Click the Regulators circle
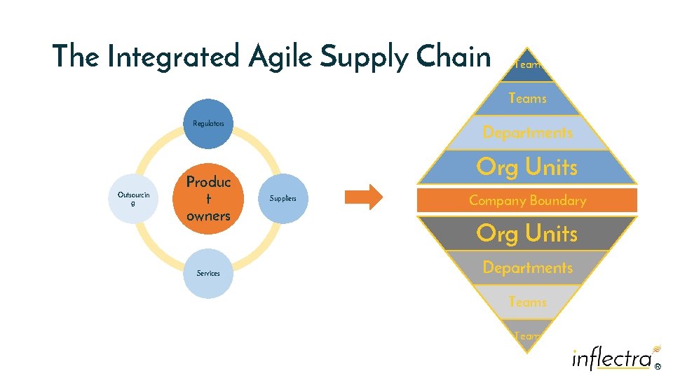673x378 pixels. pyautogui.click(x=208, y=124)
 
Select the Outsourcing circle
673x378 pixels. pyautogui.click(x=133, y=199)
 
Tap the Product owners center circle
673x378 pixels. pyautogui.click(x=208, y=199)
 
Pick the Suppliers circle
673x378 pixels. pyautogui.click(x=283, y=199)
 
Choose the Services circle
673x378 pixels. pyautogui.click(x=208, y=274)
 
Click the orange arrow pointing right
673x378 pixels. pyautogui.click(x=365, y=197)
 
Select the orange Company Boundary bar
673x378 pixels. pyautogui.click(x=527, y=201)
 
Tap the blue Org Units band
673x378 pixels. pyautogui.click(x=527, y=168)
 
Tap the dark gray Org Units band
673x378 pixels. pyautogui.click(x=527, y=233)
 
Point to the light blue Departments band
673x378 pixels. pyautogui.click(x=527, y=133)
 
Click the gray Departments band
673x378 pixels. pyautogui.click(x=527, y=267)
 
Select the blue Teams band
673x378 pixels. pyautogui.click(x=527, y=99)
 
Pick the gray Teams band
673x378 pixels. pyautogui.click(x=527, y=302)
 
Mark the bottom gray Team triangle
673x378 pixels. pyautogui.click(x=527, y=335)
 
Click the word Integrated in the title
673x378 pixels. pyautogui.click(x=173, y=57)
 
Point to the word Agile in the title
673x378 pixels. pyautogui.click(x=280, y=57)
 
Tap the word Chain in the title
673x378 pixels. pyautogui.click(x=452, y=57)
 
